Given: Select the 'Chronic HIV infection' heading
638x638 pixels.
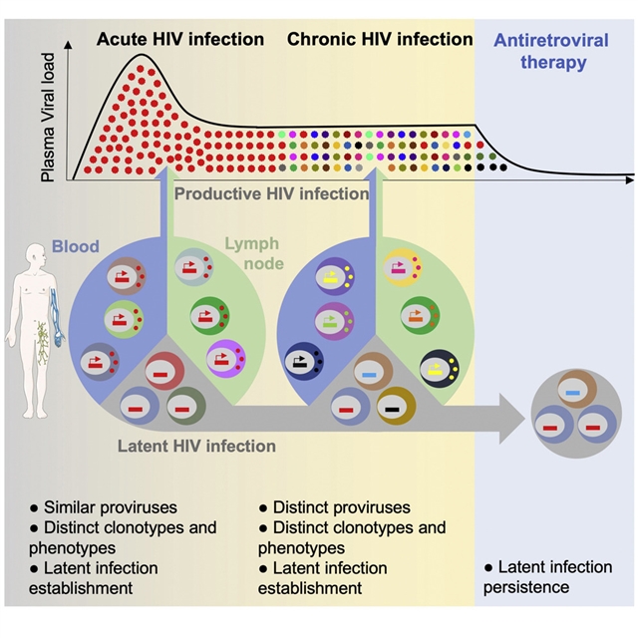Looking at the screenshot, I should tap(380, 40).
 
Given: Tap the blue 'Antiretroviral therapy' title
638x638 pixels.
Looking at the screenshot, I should tap(551, 52).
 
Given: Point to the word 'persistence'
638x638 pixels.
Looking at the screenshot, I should tap(525, 587).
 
